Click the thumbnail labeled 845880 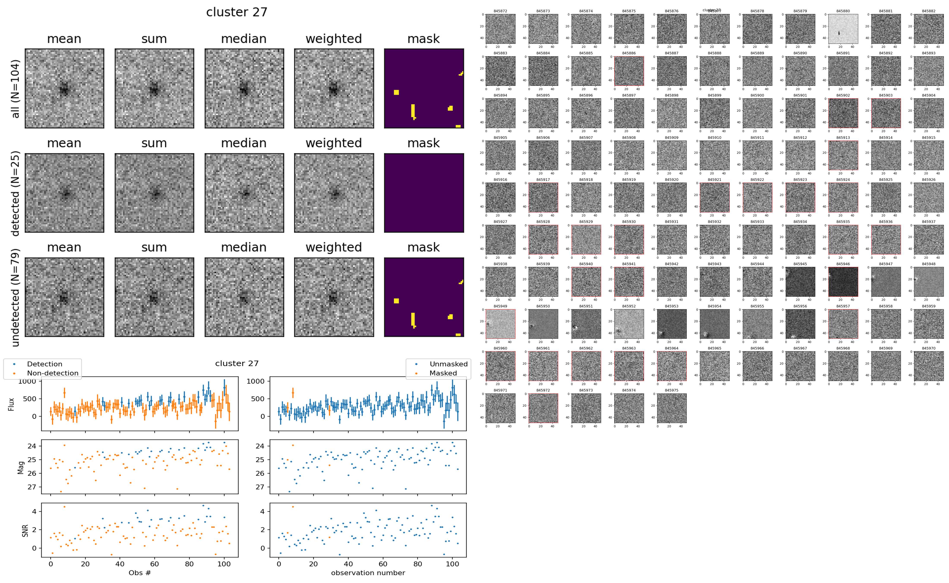pyautogui.click(x=843, y=29)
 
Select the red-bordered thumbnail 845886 pyautogui.click(x=628, y=71)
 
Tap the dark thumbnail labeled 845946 pyautogui.click(x=843, y=282)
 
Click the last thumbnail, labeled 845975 pyautogui.click(x=671, y=408)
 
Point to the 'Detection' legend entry pyautogui.click(x=44, y=364)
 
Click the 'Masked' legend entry pyautogui.click(x=443, y=373)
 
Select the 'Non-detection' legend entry pyautogui.click(x=52, y=373)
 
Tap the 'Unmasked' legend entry pyautogui.click(x=448, y=364)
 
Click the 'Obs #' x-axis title pyautogui.click(x=140, y=573)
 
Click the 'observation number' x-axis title pyautogui.click(x=368, y=573)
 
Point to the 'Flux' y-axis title pyautogui.click(x=12, y=404)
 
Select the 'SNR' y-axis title pyautogui.click(x=25, y=530)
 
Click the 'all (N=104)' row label pyautogui.click(x=16, y=89)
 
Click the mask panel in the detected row pyautogui.click(x=424, y=193)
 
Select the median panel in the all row pyautogui.click(x=244, y=88)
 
